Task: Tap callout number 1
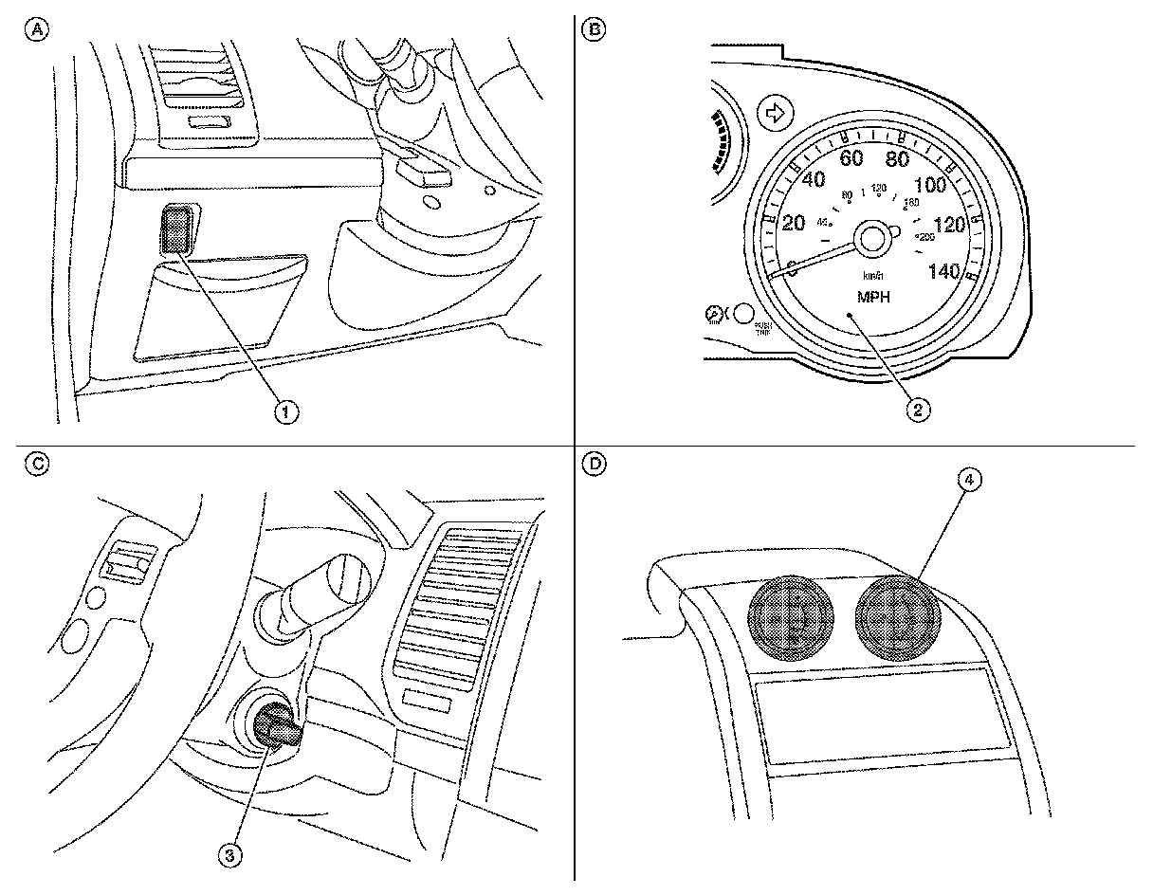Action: (x=286, y=411)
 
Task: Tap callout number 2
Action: (x=917, y=410)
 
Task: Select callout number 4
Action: (x=968, y=481)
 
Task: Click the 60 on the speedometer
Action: (x=851, y=157)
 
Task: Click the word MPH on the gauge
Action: (x=872, y=296)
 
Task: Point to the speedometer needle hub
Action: (x=872, y=237)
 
